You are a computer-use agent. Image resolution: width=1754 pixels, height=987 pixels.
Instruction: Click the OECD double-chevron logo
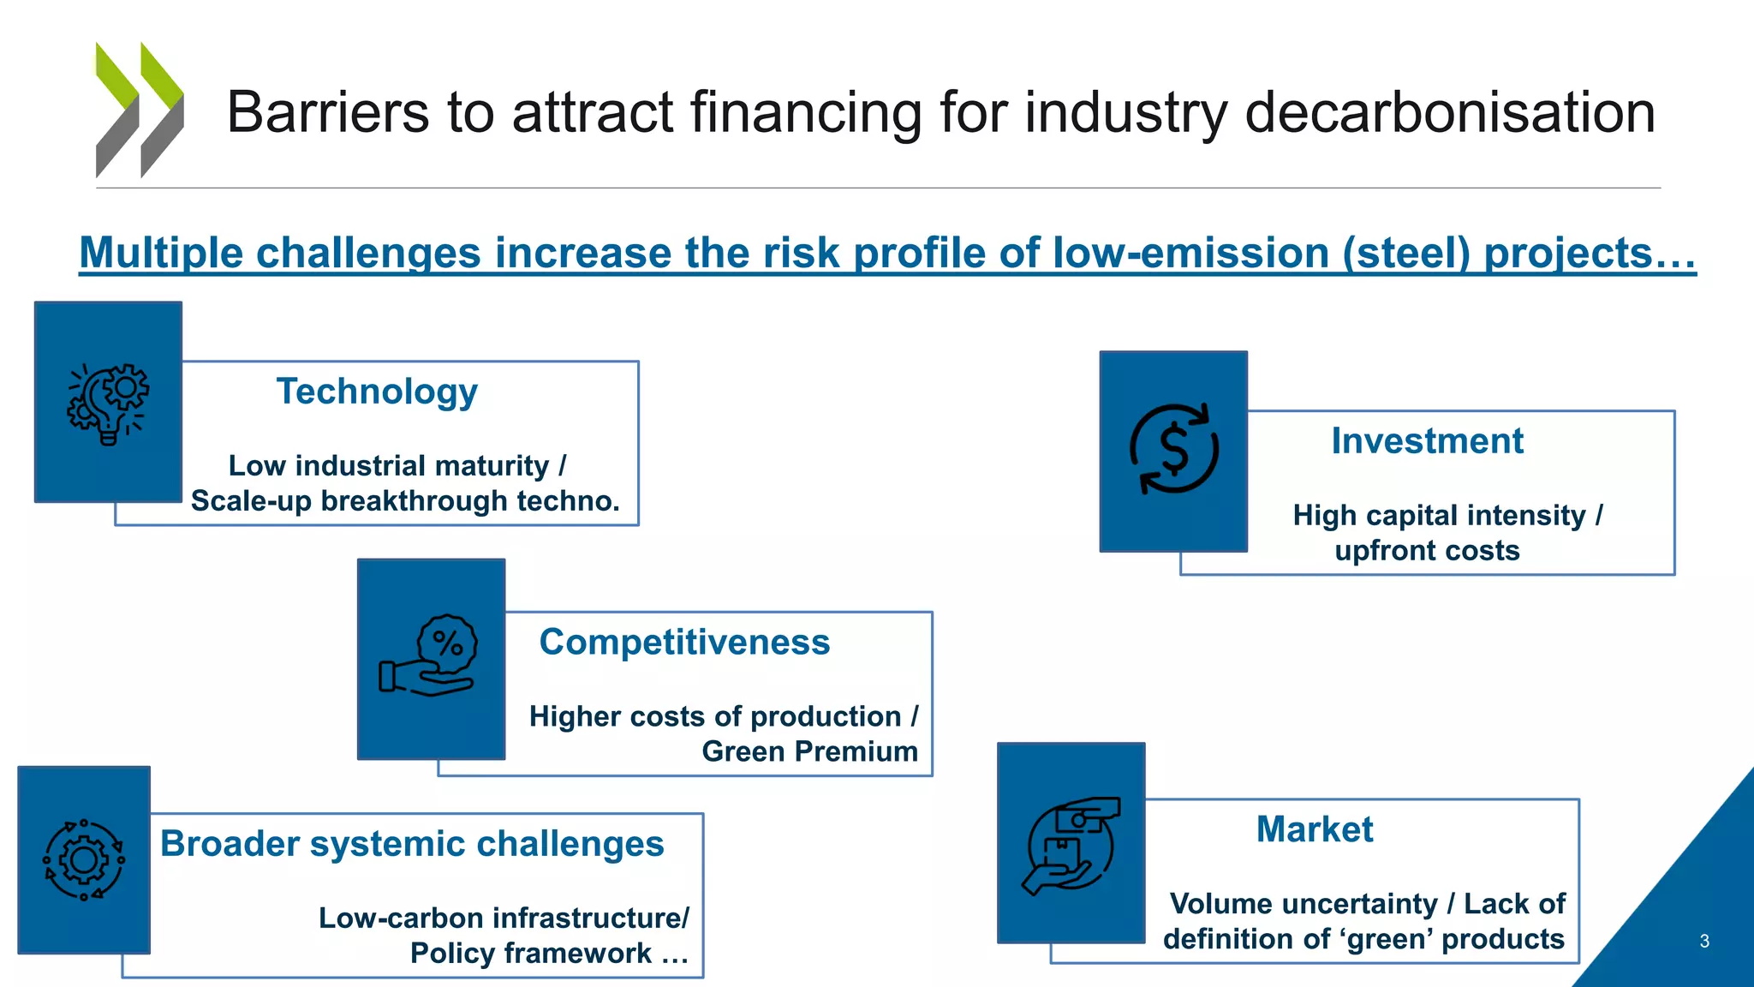point(140,110)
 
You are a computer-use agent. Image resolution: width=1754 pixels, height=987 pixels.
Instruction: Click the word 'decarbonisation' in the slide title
point(1449,112)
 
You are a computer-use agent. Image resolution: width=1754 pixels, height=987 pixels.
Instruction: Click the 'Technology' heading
point(377,392)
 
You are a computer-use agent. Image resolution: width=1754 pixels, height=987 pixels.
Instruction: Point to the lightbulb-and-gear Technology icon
point(108,404)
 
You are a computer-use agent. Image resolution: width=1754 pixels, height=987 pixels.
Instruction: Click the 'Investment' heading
point(1427,441)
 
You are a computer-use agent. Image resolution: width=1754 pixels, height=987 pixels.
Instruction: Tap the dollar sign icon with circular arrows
point(1173,450)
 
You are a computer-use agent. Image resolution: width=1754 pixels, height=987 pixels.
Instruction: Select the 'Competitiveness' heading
point(684,643)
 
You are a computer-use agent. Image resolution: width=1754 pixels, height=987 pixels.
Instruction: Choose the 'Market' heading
point(1314,829)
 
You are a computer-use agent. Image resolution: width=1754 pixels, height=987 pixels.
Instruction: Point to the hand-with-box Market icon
point(1071,846)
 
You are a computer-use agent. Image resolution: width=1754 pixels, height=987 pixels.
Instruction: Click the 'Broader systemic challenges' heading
point(412,844)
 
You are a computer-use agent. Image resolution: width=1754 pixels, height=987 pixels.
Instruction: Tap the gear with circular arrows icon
point(84,859)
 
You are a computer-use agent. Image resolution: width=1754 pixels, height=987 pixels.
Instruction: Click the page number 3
point(1703,942)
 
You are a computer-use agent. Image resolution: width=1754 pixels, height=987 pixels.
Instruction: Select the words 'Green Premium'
point(809,751)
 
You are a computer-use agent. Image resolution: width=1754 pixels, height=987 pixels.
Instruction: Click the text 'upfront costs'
point(1427,550)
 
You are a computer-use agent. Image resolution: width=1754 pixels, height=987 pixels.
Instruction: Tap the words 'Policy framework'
point(531,953)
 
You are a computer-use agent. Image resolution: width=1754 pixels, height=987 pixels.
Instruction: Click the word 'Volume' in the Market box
point(1217,904)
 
